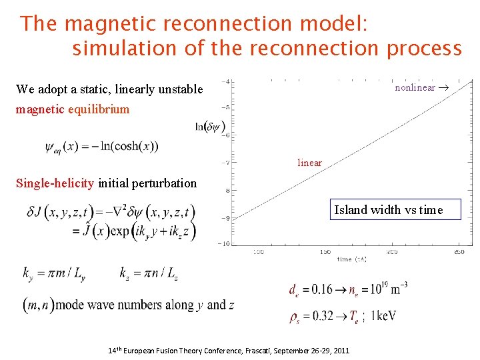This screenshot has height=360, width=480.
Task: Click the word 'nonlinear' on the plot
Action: (415, 87)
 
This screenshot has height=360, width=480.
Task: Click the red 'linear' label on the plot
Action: (309, 163)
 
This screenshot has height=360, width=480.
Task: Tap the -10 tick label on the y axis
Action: (225, 243)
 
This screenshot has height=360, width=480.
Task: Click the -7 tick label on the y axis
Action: (227, 163)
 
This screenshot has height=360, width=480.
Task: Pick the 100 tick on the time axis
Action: (258, 252)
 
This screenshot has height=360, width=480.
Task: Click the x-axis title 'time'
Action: (343, 259)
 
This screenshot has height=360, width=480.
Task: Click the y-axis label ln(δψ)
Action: (209, 127)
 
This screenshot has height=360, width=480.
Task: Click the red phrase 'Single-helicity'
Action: (56, 183)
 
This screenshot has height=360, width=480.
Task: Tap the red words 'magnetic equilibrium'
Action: (73, 109)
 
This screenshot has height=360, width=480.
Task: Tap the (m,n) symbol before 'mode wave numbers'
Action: (38, 305)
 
